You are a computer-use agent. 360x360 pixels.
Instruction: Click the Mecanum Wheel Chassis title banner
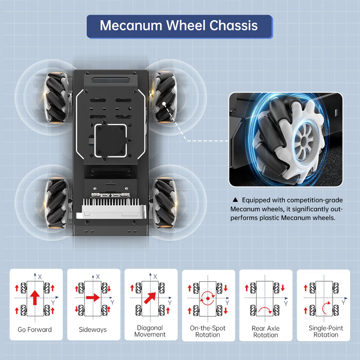click(x=179, y=26)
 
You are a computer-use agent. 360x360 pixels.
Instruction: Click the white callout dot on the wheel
click(x=166, y=104)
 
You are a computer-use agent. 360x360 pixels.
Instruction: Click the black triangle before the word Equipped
click(x=234, y=200)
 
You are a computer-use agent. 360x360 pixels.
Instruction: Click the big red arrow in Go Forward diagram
click(x=35, y=297)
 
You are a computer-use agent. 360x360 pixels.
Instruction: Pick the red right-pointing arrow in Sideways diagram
click(x=93, y=297)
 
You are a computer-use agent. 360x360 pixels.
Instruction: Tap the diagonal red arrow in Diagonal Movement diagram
click(x=150, y=297)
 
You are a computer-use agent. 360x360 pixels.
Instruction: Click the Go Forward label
click(x=35, y=330)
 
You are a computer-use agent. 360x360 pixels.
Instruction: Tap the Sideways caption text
click(x=93, y=330)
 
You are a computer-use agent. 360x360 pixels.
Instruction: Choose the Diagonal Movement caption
click(x=150, y=331)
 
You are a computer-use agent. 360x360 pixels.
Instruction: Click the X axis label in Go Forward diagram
click(x=40, y=276)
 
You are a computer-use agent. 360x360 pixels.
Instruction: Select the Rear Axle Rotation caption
click(x=265, y=332)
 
